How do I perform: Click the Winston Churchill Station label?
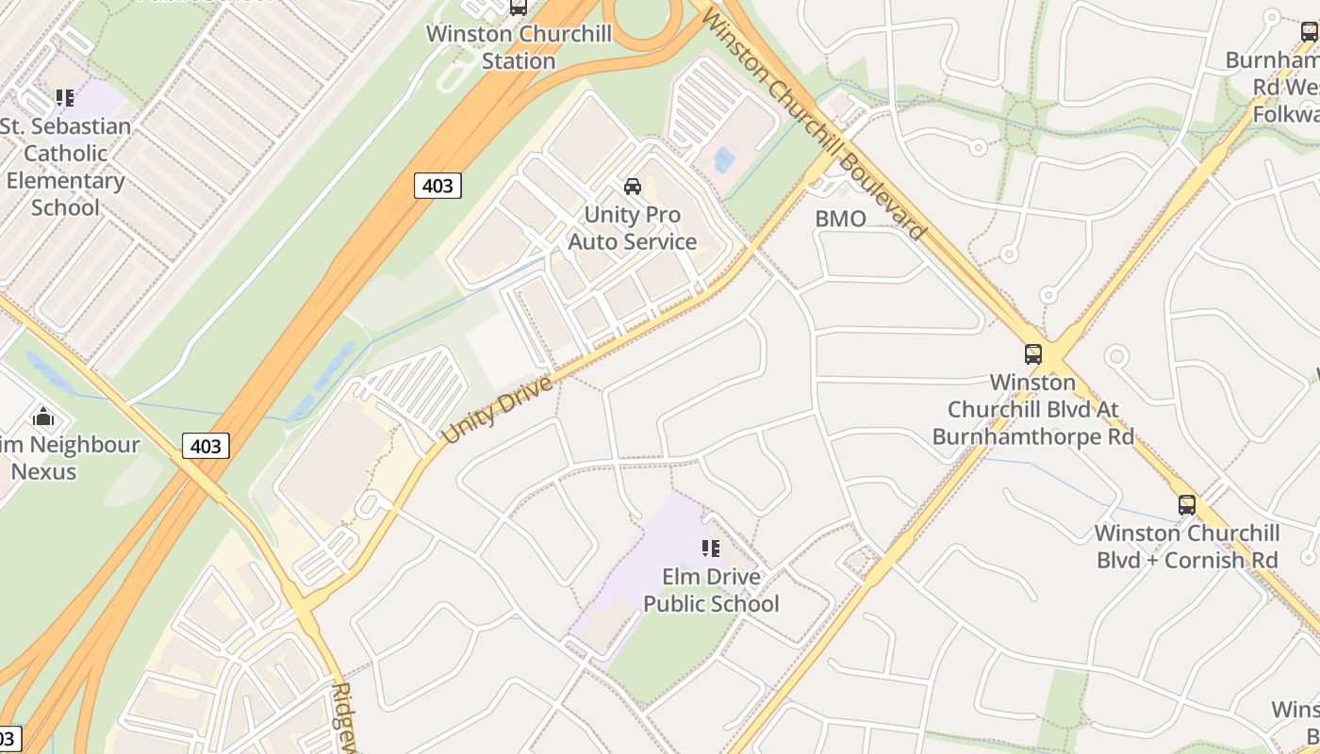519,47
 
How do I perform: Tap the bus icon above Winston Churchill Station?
518,8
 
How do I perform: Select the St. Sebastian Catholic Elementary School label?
65,167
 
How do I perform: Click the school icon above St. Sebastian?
65,97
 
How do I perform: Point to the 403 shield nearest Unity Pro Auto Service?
437,186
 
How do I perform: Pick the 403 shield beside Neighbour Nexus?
206,446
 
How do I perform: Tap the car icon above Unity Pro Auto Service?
633,186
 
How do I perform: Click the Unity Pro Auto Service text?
633,228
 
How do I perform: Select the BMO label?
840,219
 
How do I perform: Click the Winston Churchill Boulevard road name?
815,125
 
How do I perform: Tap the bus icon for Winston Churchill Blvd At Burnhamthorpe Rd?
1033,354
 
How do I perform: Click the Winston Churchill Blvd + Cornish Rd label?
1186,547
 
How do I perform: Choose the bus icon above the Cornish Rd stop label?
1186,505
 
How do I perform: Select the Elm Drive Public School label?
711,590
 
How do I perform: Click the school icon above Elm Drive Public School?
711,549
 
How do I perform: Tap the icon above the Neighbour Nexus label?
43,417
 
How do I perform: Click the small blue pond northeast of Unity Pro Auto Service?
724,159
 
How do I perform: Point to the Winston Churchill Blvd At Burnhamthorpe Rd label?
1032,410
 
